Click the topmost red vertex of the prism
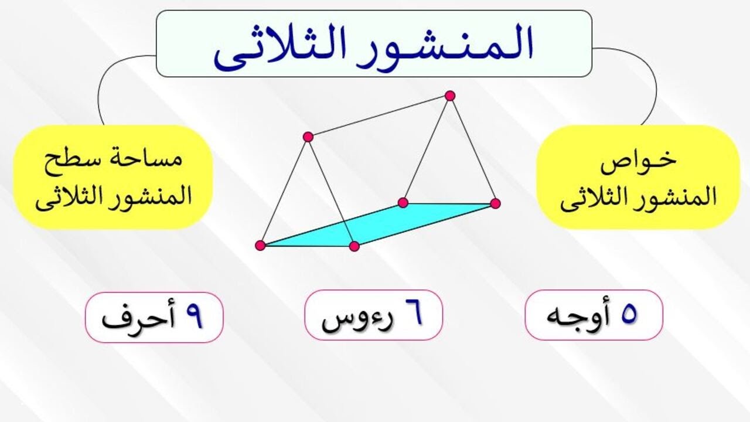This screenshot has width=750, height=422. [449, 96]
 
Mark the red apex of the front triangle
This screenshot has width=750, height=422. [308, 137]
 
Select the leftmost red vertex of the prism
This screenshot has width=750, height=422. [261, 246]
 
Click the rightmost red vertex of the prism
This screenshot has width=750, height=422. [495, 203]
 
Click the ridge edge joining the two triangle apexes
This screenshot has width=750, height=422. [379, 116]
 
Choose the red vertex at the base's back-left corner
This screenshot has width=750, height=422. [403, 203]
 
